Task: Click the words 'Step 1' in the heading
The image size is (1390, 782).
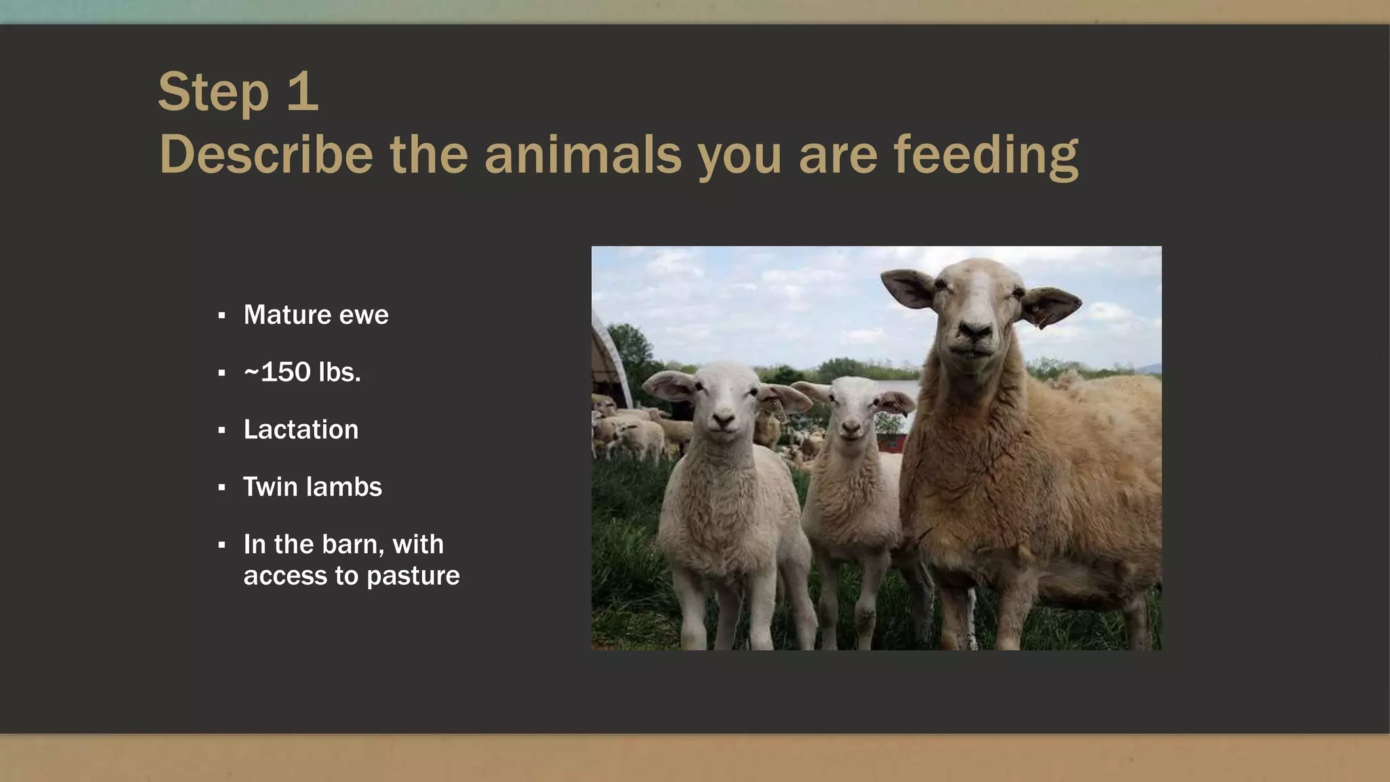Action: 238,92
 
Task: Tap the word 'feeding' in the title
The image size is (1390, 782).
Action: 985,155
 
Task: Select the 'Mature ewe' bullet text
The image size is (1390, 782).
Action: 316,315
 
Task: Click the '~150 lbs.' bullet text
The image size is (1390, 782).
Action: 302,372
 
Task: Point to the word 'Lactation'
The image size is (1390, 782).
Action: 301,430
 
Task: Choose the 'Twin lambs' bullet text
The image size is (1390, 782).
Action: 312,487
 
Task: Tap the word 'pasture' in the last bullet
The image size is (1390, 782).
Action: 413,576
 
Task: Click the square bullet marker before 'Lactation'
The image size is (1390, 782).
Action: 222,430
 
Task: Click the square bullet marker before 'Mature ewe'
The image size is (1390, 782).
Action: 222,316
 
